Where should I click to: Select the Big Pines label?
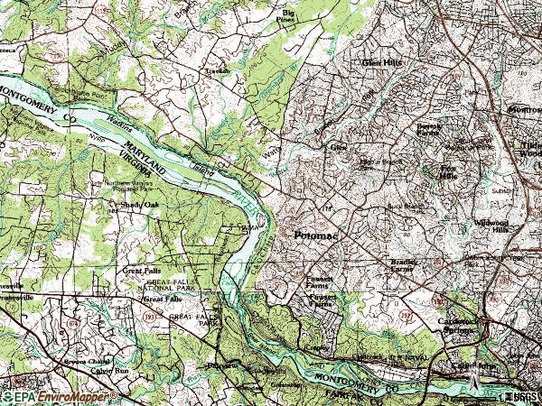tap(288, 15)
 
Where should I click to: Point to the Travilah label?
tap(216, 70)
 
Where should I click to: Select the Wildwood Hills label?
tap(494, 226)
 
